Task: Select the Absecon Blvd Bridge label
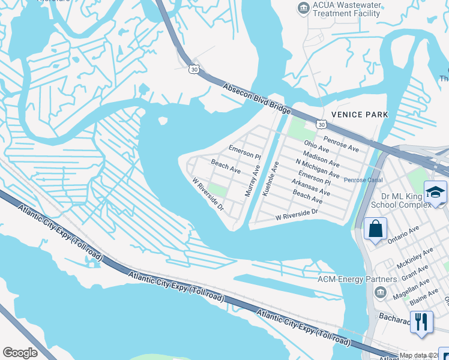coord(256,98)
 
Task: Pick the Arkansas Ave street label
coord(310,187)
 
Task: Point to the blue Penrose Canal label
coord(363,180)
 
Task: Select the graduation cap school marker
coord(435,192)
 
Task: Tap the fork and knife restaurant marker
coord(422,322)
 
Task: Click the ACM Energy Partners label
coord(357,280)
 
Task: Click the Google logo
coord(20,353)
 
